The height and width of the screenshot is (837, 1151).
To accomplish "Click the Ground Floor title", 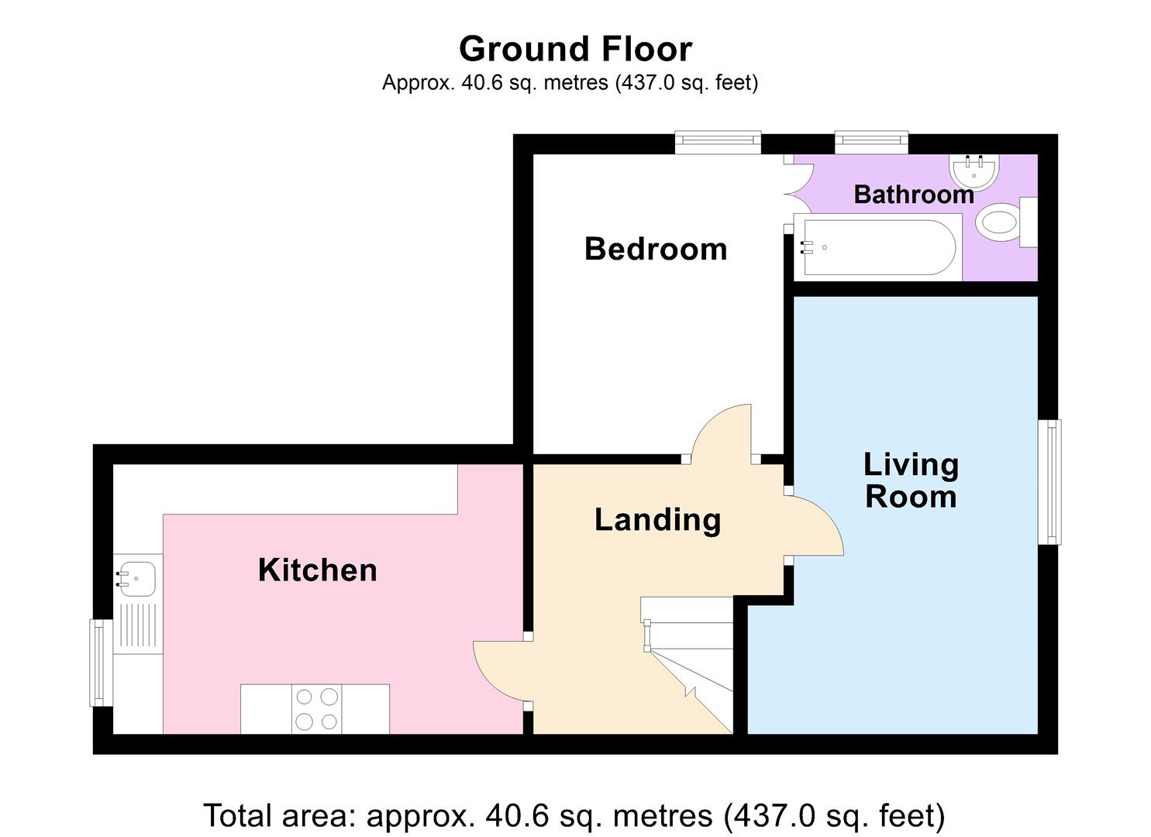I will click(575, 49).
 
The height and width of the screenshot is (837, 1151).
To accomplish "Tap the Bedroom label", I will click(656, 249).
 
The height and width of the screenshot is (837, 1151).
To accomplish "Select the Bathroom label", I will click(914, 194).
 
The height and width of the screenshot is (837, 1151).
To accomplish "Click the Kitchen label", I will click(318, 570).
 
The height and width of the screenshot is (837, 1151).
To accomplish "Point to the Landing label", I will click(657, 519).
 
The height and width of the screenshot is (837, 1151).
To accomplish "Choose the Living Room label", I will click(911, 480).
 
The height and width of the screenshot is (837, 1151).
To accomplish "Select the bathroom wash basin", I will click(974, 171).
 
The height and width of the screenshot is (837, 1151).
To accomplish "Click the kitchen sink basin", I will click(136, 577).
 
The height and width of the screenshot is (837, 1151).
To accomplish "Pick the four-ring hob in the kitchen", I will click(316, 709).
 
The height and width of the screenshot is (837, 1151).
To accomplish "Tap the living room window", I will click(1049, 481).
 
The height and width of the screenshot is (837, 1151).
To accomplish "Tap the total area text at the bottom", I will click(574, 815).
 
